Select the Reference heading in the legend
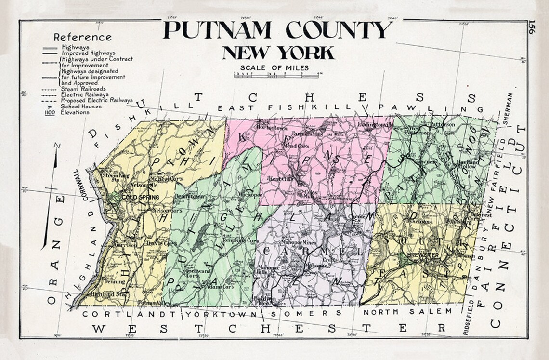click(82, 37)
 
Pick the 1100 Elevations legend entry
click(67, 112)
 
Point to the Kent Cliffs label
click(280, 179)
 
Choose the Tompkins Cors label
click(245, 240)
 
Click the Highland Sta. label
click(104, 293)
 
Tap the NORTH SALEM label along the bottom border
click(407, 312)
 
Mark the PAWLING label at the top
click(424, 108)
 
